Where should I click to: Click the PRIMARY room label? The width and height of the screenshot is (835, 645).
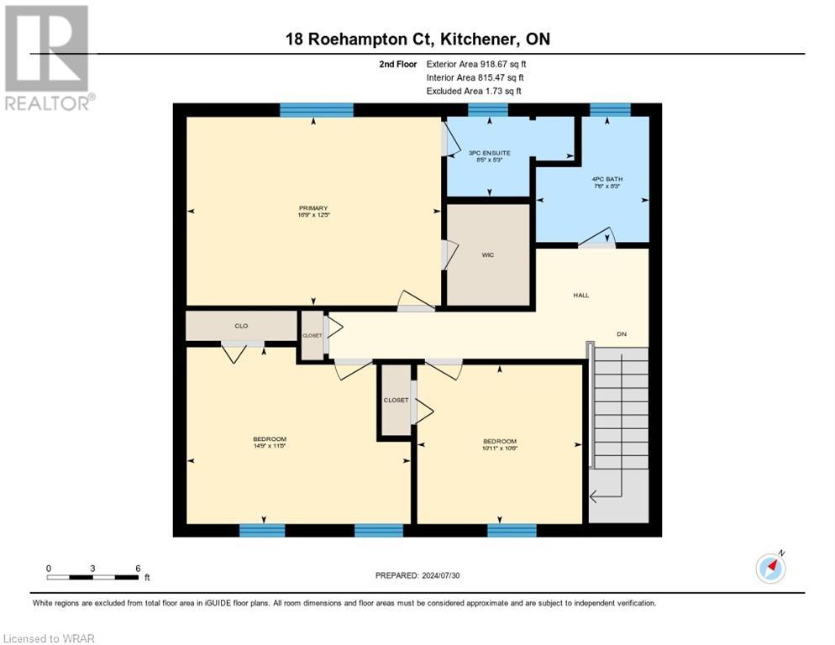coord(312,208)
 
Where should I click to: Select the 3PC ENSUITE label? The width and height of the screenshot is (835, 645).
coord(489,154)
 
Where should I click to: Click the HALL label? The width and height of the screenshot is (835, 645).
coord(580,296)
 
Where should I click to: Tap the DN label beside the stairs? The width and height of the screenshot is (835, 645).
coord(622,334)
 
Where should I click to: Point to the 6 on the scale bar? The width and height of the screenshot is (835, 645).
coord(138,568)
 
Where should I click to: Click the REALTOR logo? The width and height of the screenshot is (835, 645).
coord(48,58)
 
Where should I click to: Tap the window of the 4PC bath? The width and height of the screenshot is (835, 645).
coord(610,109)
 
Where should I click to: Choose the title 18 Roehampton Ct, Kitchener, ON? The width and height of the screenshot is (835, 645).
coord(417,39)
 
